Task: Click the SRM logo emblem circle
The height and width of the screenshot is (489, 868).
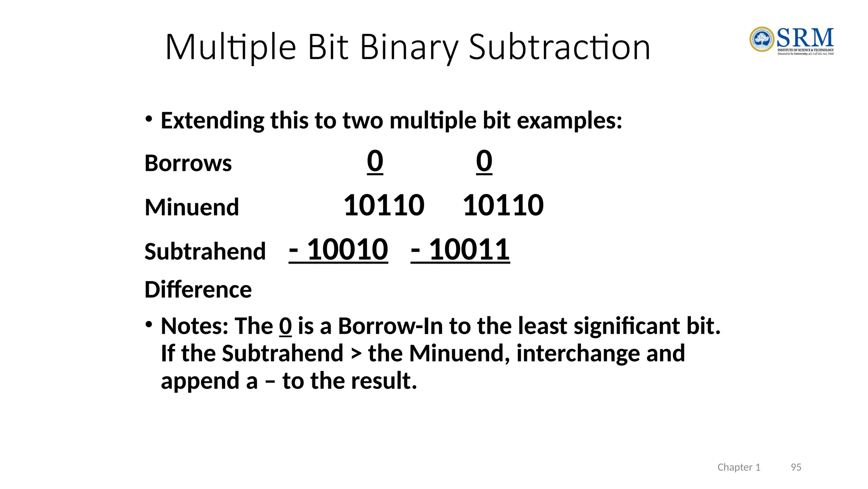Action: pyautogui.click(x=762, y=39)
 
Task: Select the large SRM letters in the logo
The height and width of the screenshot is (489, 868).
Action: pyautogui.click(x=805, y=38)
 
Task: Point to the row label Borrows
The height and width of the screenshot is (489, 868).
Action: pyautogui.click(x=188, y=163)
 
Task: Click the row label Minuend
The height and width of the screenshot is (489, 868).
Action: pyautogui.click(x=192, y=207)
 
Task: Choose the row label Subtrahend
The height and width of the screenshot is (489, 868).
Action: pyautogui.click(x=205, y=251)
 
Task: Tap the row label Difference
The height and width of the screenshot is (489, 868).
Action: pyautogui.click(x=198, y=289)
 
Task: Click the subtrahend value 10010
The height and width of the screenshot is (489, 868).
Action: pyautogui.click(x=347, y=250)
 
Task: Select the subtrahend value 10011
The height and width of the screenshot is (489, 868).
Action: pyautogui.click(x=469, y=250)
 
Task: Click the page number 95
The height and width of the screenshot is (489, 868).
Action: pyautogui.click(x=796, y=467)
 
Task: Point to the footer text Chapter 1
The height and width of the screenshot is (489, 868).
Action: pyautogui.click(x=739, y=467)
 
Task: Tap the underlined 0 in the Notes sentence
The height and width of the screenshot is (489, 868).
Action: pyautogui.click(x=285, y=326)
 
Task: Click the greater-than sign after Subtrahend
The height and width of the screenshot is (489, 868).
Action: pyautogui.click(x=356, y=354)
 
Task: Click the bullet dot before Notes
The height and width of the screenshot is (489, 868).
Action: pyautogui.click(x=148, y=325)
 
